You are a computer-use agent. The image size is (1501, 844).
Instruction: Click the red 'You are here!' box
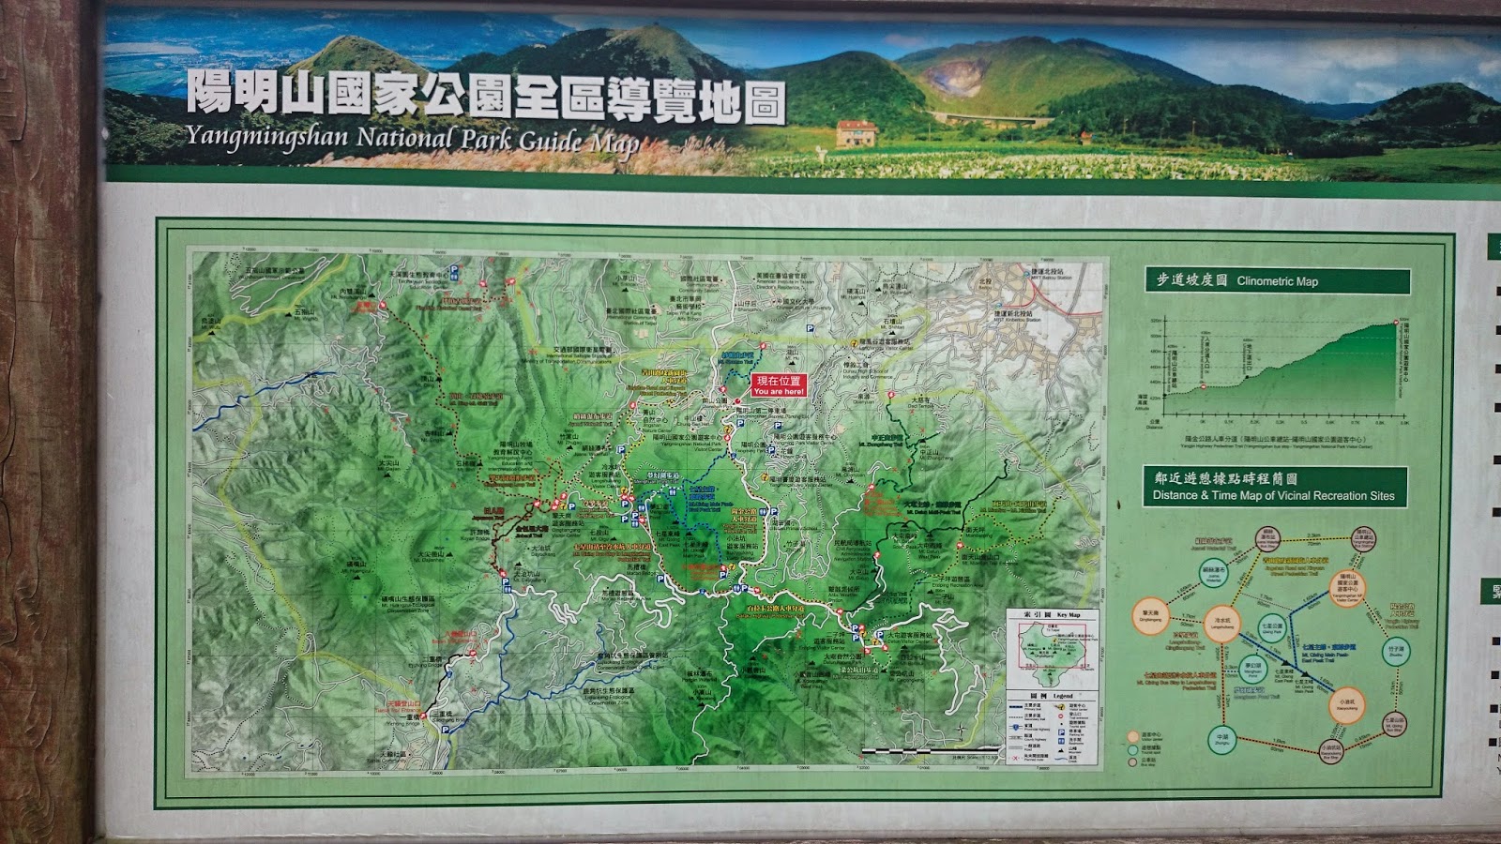779,385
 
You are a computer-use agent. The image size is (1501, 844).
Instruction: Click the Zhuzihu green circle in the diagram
1396,650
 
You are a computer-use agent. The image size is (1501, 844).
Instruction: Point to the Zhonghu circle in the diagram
1221,738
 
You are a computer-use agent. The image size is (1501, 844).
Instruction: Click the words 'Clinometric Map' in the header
1277,280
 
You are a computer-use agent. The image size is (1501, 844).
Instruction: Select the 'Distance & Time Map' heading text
1273,495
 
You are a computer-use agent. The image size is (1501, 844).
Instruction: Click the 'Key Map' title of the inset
1068,615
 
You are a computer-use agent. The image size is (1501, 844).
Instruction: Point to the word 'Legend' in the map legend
1063,696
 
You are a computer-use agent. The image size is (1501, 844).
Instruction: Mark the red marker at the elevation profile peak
1396,322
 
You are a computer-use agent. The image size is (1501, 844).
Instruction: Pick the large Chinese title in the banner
485,96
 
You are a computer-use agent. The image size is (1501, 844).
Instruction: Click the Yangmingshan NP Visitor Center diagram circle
1347,588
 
